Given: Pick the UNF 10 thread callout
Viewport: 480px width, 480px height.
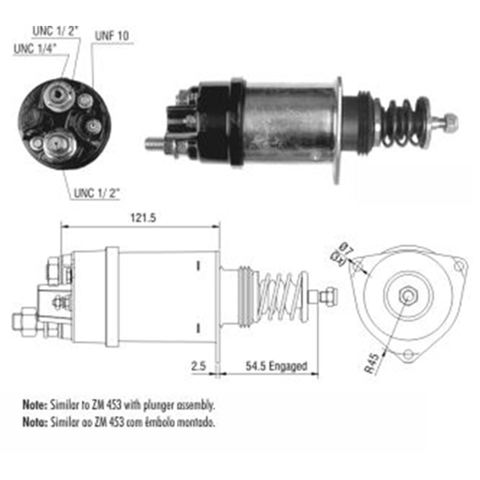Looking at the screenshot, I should (112, 36).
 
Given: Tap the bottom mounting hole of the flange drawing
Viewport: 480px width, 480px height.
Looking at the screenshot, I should (408, 355).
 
